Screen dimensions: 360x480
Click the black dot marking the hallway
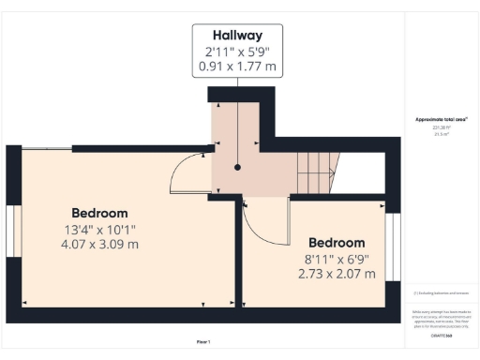(238, 167)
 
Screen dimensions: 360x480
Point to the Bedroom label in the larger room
(99, 213)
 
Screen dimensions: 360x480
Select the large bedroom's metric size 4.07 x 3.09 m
(99, 245)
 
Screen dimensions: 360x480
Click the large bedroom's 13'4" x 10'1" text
(99, 229)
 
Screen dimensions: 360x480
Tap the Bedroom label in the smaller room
(337, 242)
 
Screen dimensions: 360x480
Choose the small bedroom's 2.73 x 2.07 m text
(337, 274)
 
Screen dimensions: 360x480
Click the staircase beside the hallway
(316, 173)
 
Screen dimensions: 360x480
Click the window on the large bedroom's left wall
(13, 231)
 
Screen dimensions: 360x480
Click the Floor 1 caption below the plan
(203, 341)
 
